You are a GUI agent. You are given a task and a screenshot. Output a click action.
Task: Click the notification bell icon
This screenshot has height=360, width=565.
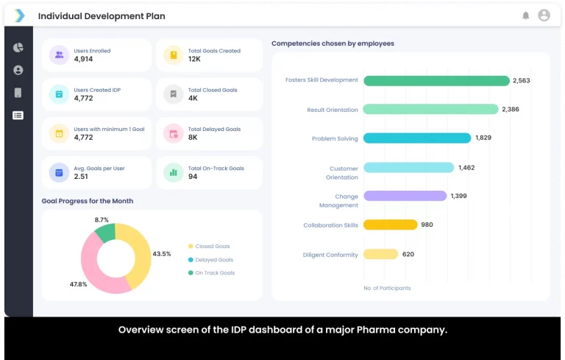pos(525,15)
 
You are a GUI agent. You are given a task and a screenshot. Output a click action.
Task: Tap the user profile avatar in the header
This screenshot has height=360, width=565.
pos(544,15)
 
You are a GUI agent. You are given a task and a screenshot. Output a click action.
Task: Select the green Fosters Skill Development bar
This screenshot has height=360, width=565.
pos(436,80)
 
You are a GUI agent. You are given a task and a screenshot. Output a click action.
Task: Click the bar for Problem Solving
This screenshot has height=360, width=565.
pos(416,138)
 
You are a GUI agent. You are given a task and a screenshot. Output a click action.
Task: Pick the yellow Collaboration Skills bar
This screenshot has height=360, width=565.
pos(390,225)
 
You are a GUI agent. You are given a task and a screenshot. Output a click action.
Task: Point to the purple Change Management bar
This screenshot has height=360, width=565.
pos(405,196)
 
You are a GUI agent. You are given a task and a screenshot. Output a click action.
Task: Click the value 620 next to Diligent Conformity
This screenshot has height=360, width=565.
pos(408,255)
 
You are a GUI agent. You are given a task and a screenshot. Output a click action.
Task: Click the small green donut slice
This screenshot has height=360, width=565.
pos(105,233)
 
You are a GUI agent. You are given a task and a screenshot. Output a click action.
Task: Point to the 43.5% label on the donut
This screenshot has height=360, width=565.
pos(161,254)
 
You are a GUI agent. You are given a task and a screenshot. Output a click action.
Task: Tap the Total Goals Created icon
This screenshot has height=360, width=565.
pos(173,55)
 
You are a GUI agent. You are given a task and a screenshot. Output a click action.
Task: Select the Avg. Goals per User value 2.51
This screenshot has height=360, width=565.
pos(81,177)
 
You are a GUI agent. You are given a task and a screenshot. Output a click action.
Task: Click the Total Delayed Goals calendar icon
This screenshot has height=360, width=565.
pos(173,133)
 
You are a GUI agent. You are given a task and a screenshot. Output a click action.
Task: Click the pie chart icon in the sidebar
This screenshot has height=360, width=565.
pos(18,48)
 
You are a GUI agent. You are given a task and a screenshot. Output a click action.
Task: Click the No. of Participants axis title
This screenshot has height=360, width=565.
pos(387,288)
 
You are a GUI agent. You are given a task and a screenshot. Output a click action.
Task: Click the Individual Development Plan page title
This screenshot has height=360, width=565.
pos(102,16)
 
